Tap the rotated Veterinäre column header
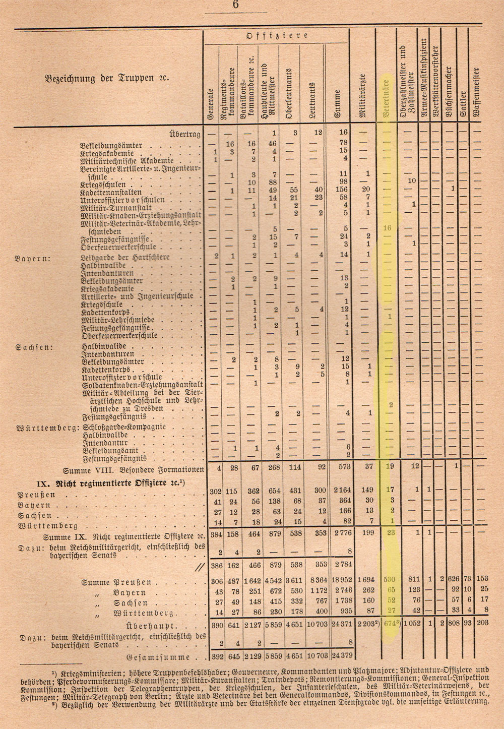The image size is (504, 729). tap(387, 98)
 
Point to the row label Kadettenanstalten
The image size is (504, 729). tap(111, 193)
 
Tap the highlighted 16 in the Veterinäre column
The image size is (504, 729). tap(387, 228)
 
